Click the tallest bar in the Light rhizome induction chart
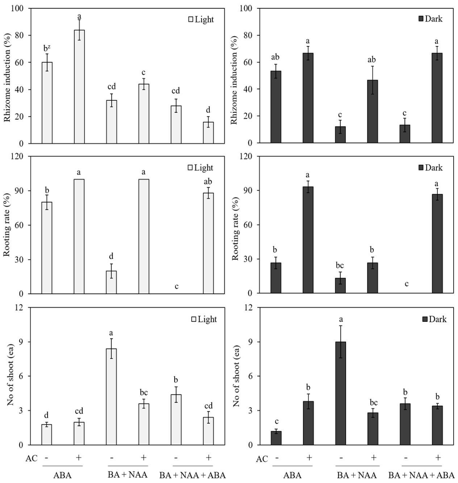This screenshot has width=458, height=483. [x=79, y=87]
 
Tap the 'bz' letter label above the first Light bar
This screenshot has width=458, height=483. [x=47, y=48]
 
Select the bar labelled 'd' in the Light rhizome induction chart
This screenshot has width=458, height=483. [x=208, y=133]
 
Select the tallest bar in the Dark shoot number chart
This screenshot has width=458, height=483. [x=341, y=393]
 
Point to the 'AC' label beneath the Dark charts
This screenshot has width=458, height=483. [x=262, y=459]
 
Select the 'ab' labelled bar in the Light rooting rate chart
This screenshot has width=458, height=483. [x=208, y=243]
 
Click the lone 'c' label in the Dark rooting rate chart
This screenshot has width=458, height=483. [x=407, y=284]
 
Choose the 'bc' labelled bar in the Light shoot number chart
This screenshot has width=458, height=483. [x=144, y=424]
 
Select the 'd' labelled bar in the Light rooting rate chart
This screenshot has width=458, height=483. [x=112, y=282]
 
